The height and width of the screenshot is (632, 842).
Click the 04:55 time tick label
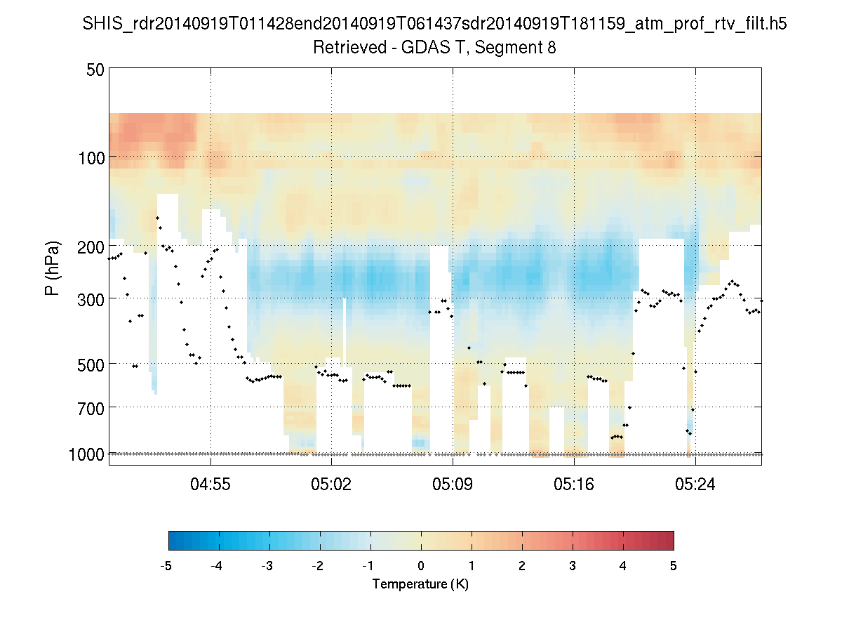pyautogui.click(x=211, y=484)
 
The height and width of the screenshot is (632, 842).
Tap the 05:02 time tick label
pyautogui.click(x=332, y=484)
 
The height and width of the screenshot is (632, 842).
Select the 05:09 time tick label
pyautogui.click(x=453, y=484)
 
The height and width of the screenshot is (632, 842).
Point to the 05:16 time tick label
pyautogui.click(x=575, y=484)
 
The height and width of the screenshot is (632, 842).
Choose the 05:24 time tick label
pyautogui.click(x=695, y=484)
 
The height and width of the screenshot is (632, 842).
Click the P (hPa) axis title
pyautogui.click(x=53, y=268)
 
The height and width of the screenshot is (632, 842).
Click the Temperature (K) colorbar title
pyautogui.click(x=420, y=584)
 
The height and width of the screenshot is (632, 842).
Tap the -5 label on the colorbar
pyautogui.click(x=166, y=566)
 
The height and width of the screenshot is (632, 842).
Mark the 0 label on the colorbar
pyautogui.click(x=421, y=566)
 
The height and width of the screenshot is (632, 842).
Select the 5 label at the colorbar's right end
pyautogui.click(x=674, y=566)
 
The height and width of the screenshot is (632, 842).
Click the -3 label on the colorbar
pyautogui.click(x=267, y=566)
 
